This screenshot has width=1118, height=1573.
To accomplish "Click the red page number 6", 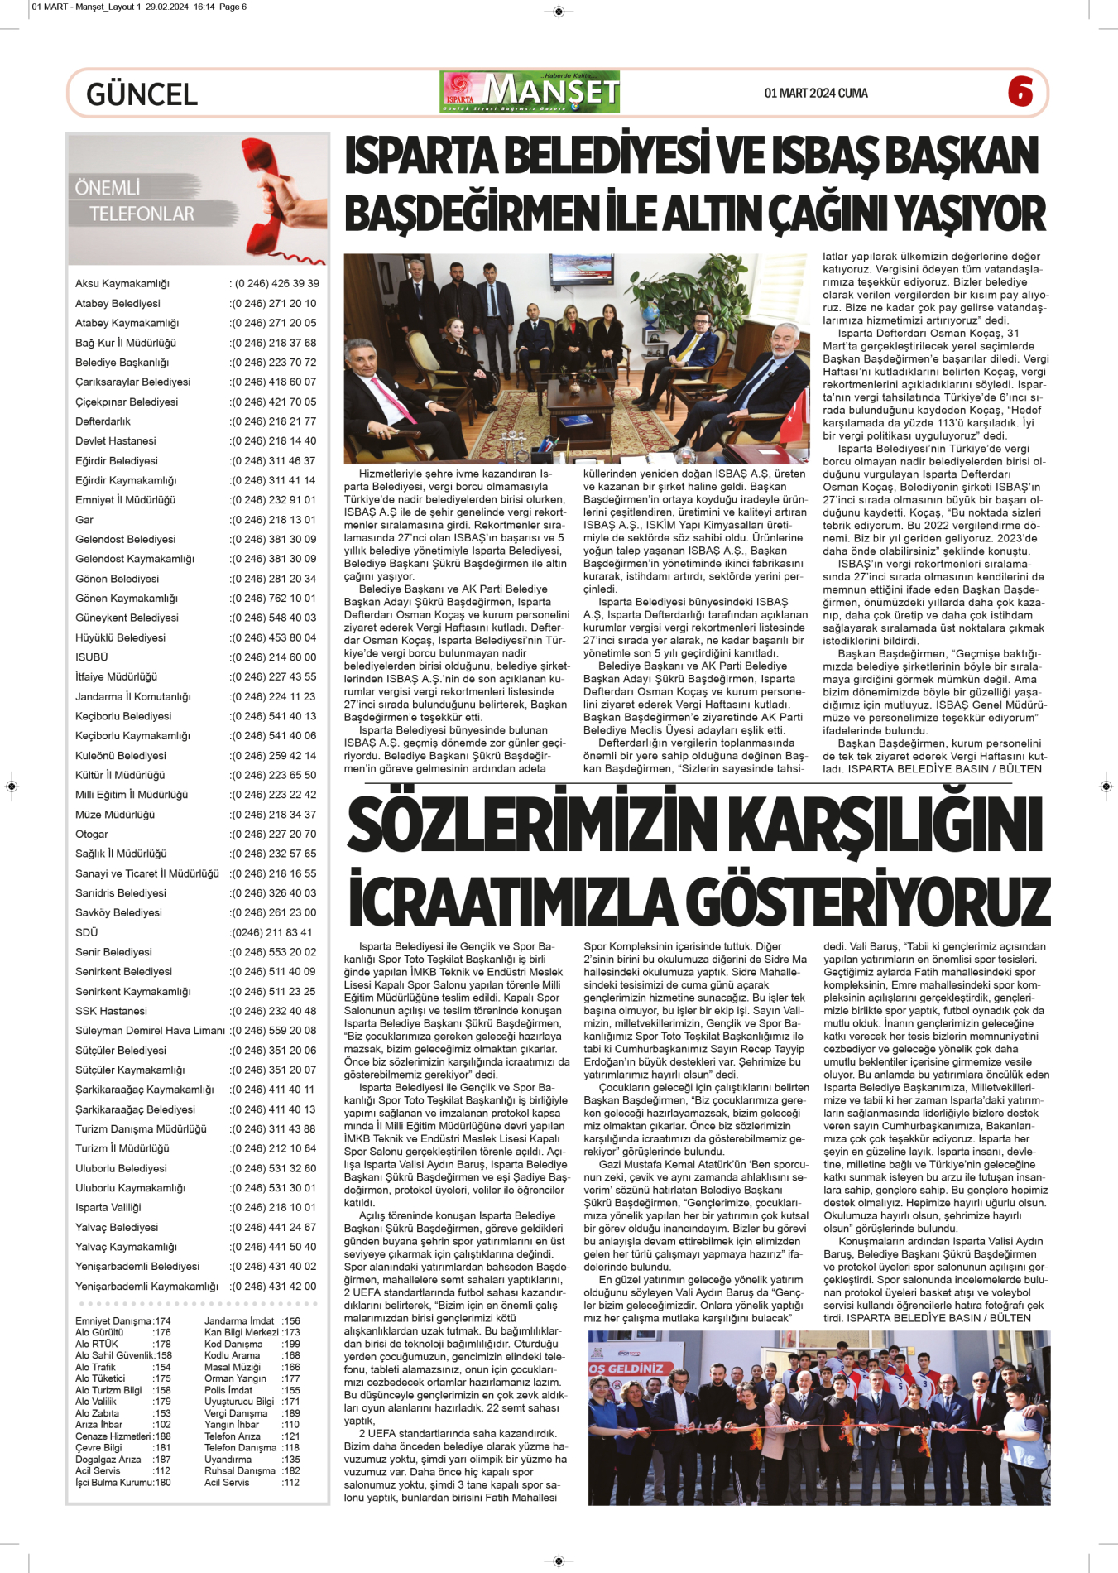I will (1020, 91).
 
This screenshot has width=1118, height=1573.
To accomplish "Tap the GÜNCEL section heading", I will (142, 94).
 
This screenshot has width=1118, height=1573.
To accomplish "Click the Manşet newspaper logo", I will (530, 92).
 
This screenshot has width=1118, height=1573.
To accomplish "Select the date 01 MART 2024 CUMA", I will (815, 94).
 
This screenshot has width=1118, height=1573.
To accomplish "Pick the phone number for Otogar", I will (273, 835).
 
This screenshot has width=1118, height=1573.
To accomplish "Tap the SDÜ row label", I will (86, 932).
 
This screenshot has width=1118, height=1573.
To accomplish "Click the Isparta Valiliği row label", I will (108, 1208).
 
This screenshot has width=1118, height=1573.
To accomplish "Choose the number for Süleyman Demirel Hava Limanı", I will (273, 1031).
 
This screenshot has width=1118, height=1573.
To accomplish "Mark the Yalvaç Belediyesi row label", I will (116, 1228).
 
